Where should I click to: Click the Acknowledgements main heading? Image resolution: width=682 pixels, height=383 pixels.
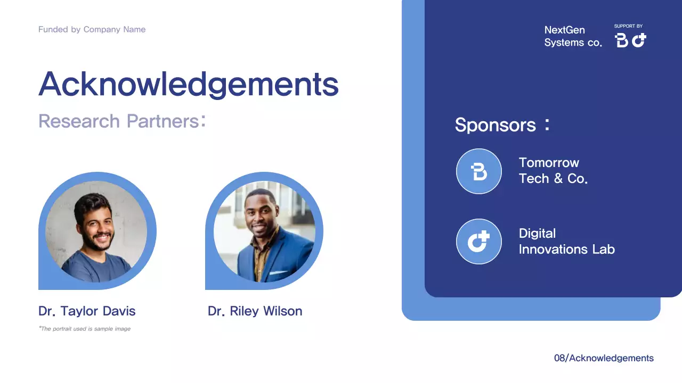189,84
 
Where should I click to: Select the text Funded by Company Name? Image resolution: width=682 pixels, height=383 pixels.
92,30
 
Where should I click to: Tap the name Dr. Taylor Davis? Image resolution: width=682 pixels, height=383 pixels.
87,311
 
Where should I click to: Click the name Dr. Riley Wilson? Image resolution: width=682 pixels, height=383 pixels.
255,311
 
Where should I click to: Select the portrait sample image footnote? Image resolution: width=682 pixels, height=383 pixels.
85,329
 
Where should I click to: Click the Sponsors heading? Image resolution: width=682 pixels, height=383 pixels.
495,125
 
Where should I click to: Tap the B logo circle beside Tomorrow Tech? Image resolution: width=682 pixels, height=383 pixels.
479,171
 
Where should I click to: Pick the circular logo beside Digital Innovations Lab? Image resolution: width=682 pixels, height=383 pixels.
479,242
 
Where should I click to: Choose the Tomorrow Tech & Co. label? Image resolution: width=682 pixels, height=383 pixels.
553,171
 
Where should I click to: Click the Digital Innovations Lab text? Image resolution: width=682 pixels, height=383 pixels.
566,242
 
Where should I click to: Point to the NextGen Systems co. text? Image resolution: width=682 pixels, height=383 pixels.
573,36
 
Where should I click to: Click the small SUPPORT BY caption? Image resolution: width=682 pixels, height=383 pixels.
628,26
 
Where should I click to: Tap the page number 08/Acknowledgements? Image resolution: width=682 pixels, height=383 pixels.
604,358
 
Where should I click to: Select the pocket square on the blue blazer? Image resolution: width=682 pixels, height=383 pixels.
277,273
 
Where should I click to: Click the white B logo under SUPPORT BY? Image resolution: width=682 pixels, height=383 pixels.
621,40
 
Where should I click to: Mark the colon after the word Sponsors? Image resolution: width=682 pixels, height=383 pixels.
547,124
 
